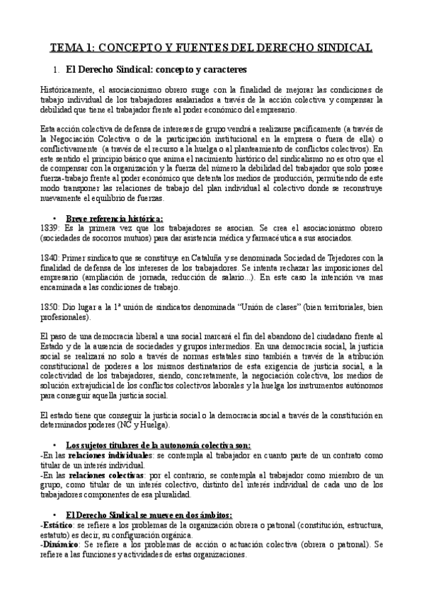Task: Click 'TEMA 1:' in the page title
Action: [70, 48]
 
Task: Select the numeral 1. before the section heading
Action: [56, 71]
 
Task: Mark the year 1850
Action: [50, 308]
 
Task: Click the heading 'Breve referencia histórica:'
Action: [114, 218]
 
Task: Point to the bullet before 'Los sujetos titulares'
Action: [55, 445]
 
